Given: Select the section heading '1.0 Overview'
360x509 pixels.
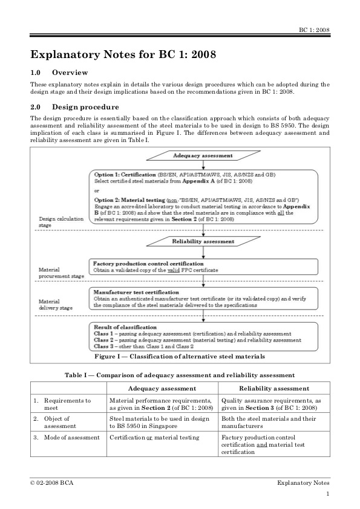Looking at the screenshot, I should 59,73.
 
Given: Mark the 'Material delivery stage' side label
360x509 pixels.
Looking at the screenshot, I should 53,303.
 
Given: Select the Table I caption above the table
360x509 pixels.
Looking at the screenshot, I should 180,375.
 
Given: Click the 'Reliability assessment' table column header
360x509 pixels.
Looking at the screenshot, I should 274,388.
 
